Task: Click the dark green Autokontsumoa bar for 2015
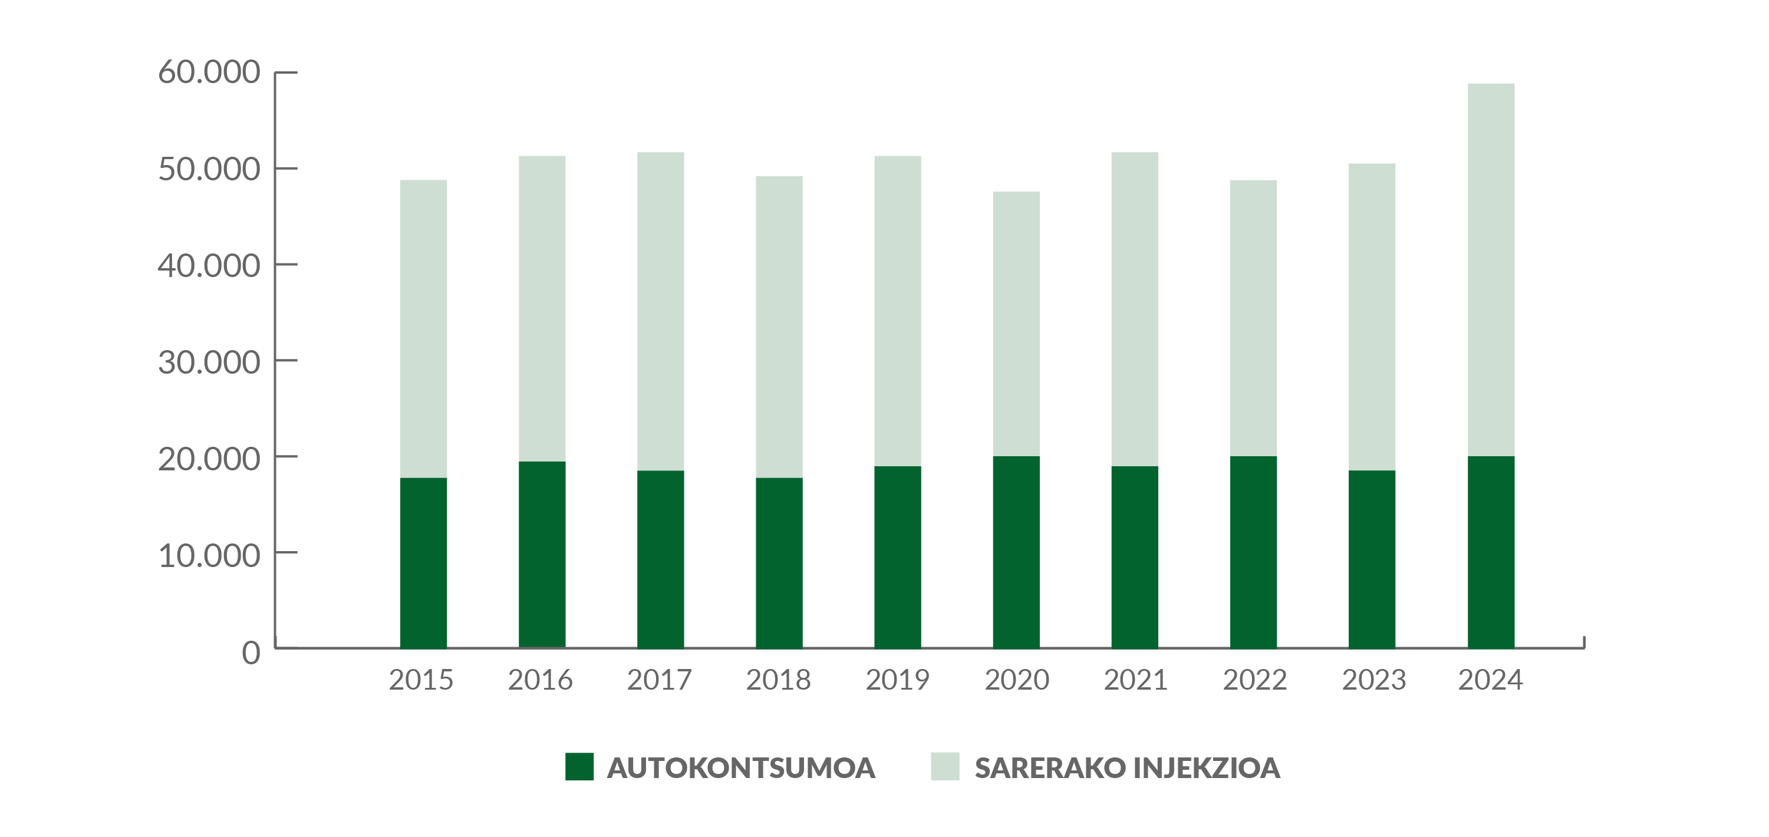pyautogui.click(x=423, y=562)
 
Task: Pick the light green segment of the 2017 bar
pyautogui.click(x=661, y=311)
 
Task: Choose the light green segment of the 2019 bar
pyautogui.click(x=898, y=311)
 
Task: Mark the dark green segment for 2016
pyautogui.click(x=542, y=554)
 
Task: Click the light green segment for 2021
pyautogui.click(x=1135, y=309)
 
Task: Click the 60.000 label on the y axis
pyautogui.click(x=209, y=72)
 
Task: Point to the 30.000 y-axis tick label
pyautogui.click(x=209, y=362)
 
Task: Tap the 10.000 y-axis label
pyautogui.click(x=209, y=555)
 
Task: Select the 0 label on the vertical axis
pyautogui.click(x=251, y=653)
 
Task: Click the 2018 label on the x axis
pyautogui.click(x=778, y=680)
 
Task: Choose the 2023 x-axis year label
pyautogui.click(x=1373, y=680)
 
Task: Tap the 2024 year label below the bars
pyautogui.click(x=1490, y=680)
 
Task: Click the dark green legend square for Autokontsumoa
pyautogui.click(x=579, y=766)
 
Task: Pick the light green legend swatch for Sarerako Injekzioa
pyautogui.click(x=944, y=766)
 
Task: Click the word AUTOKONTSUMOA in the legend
pyautogui.click(x=741, y=767)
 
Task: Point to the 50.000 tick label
pyautogui.click(x=209, y=169)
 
